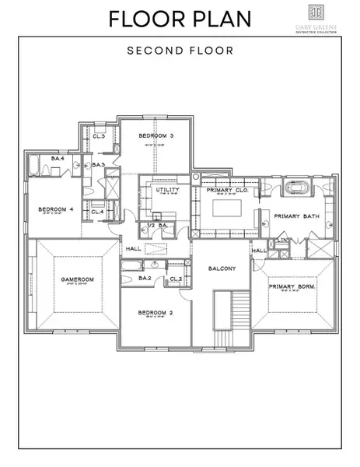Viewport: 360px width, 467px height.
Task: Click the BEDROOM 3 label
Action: [156, 136]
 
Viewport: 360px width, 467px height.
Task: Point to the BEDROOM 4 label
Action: [55, 209]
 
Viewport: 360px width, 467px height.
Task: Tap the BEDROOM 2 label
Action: [154, 313]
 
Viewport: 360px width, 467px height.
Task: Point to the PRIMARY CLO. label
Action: [226, 189]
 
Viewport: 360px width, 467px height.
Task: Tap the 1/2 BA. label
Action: [158, 226]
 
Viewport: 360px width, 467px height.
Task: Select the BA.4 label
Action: [57, 159]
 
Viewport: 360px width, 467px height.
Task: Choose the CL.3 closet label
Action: [99, 137]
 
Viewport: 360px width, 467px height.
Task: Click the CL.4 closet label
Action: [98, 211]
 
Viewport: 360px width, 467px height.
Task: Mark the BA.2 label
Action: [145, 278]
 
